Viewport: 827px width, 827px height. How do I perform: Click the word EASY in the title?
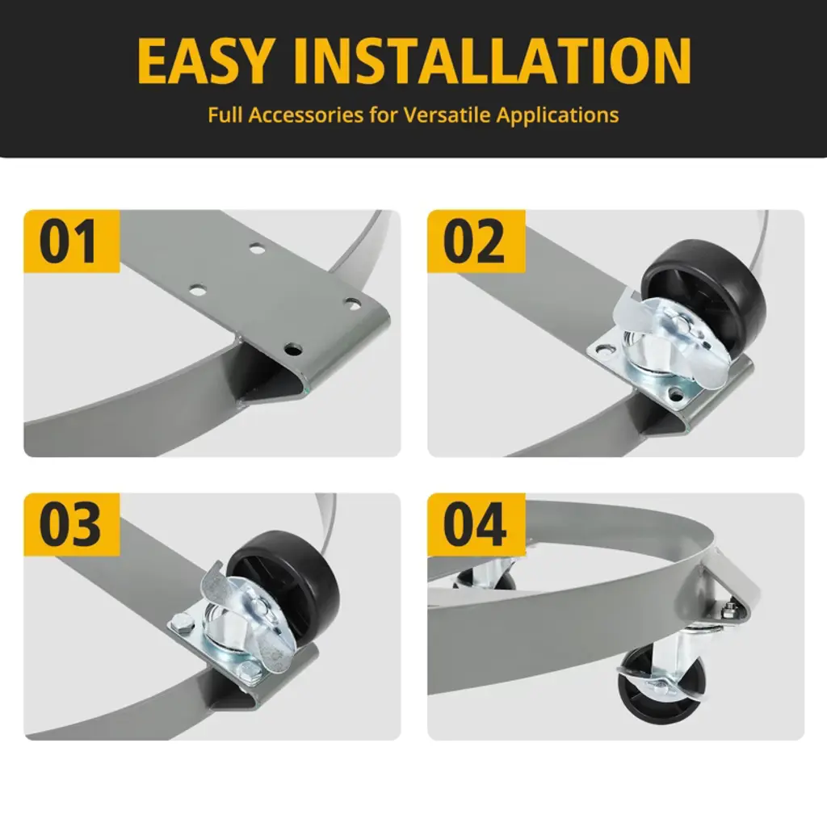coord(206,61)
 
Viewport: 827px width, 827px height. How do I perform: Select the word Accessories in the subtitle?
coord(306,115)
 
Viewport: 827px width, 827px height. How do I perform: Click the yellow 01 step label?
coord(72,241)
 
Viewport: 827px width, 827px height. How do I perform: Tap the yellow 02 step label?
coord(476,241)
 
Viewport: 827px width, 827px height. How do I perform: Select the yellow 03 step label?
coord(72,524)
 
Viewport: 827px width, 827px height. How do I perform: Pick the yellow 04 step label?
coord(476,524)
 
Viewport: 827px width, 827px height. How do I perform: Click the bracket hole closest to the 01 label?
coord(197,290)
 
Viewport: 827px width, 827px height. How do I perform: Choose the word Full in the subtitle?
coord(225,115)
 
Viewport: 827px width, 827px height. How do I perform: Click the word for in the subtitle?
coord(384,115)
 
